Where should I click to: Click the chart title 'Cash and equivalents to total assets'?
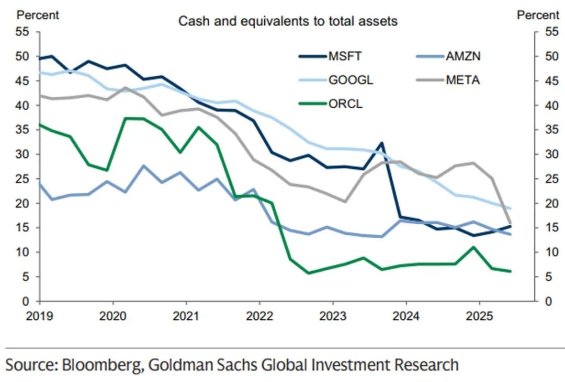(288, 21)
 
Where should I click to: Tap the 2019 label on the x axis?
(39, 316)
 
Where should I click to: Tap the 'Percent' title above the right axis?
(538, 15)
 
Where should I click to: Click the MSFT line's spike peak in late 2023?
(381, 143)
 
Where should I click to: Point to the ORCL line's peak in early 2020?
(126, 118)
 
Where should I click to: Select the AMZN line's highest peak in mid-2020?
(144, 166)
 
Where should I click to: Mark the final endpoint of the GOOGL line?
(510, 209)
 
